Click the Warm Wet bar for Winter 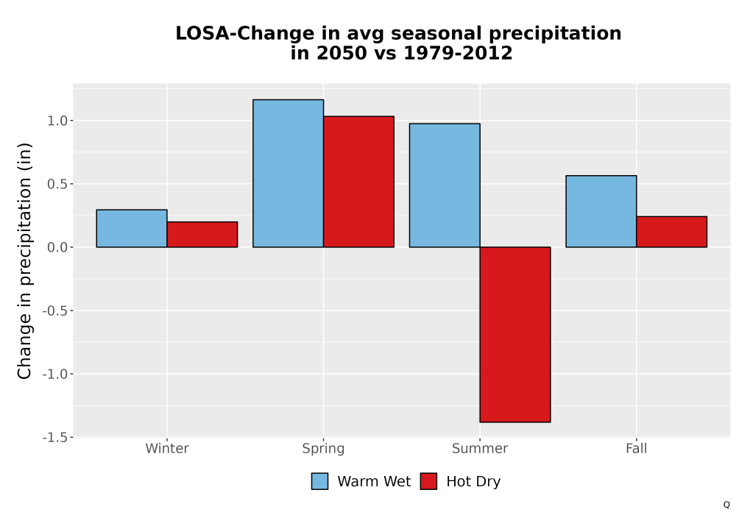click(132, 228)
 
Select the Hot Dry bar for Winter click(202, 235)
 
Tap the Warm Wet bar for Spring click(289, 174)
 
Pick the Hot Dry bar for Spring click(358, 182)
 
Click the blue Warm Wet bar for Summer click(445, 185)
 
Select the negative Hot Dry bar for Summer click(515, 335)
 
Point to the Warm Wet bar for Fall click(601, 212)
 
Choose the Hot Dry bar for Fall click(672, 232)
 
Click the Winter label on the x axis click(167, 448)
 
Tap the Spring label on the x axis click(323, 449)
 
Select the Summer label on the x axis click(480, 448)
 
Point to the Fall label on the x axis click(637, 448)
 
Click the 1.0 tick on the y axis click(57, 121)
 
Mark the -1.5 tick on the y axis click(55, 437)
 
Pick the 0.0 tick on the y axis click(57, 247)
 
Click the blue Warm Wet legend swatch click(319, 481)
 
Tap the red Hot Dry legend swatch click(428, 481)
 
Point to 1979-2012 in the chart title click(458, 53)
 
